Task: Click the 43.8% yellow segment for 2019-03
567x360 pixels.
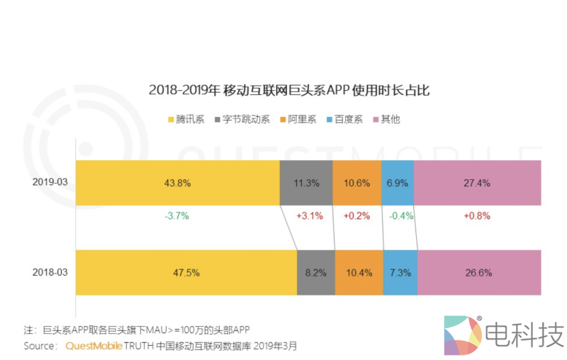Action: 177,183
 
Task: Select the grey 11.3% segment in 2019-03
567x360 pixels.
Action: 305,183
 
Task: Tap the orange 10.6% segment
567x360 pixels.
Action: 357,183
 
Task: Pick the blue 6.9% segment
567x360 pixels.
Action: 398,183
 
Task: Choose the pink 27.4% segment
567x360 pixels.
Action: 476,183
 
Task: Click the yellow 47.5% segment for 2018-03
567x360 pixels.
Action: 186,273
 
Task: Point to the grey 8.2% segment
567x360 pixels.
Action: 315,273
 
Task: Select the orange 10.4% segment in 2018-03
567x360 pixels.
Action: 359,273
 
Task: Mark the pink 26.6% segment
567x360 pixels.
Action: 479,273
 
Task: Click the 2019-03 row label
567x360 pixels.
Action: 50,183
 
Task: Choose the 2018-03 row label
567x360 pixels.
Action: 50,273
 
